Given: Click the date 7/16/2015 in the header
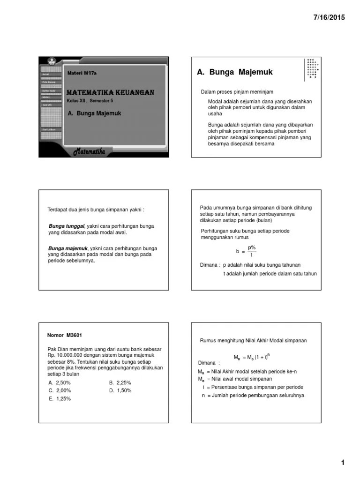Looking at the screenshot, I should click(329, 17).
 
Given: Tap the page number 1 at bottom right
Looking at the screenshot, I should click(343, 463).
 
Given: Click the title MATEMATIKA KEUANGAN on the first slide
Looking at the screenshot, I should click(111, 93).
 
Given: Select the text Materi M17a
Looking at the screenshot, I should click(82, 73).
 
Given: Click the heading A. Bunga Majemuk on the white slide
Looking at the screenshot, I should click(234, 72).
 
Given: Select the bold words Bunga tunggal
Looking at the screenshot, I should click(66, 226).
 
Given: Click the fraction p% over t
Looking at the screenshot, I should click(252, 251).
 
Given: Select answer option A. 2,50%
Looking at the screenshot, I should click(60, 382).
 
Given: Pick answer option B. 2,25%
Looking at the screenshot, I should click(120, 382).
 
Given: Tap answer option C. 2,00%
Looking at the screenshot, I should click(60, 390).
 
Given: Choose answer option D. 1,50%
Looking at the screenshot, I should click(120, 390).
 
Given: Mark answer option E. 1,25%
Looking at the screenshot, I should click(60, 398).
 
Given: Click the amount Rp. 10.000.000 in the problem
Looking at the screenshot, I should click(66, 355).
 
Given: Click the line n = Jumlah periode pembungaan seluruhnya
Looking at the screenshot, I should click(253, 395).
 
